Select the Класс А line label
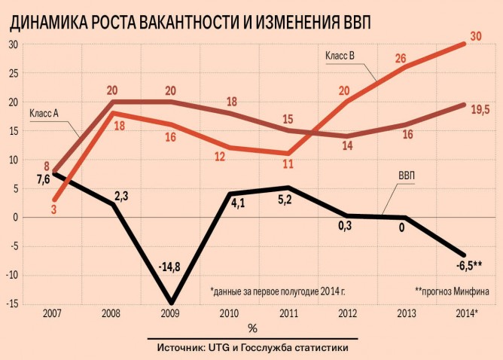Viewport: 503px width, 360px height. (44, 113)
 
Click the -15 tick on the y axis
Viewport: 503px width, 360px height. (13, 304)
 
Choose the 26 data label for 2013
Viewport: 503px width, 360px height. (401, 58)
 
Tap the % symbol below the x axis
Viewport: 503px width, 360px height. (251, 328)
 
